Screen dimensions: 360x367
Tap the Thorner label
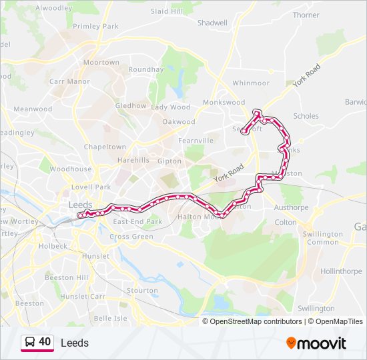coord(306,15)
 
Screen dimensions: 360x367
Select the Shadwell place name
coord(212,22)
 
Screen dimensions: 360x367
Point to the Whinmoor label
coord(250,83)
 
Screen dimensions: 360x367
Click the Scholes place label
coord(306,115)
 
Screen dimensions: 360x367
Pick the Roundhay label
coord(145,69)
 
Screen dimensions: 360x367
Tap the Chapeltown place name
coord(105,147)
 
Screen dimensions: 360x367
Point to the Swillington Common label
coord(322,238)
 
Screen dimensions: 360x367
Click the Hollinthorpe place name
coord(340,271)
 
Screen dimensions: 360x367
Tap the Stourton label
coord(142,291)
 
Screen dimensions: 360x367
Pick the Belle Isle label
coord(110,319)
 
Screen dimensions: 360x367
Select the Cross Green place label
coord(131,236)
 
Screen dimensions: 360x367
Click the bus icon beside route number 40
coord(30,342)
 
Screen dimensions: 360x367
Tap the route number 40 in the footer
coord(45,341)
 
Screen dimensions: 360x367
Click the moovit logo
coord(316,343)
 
